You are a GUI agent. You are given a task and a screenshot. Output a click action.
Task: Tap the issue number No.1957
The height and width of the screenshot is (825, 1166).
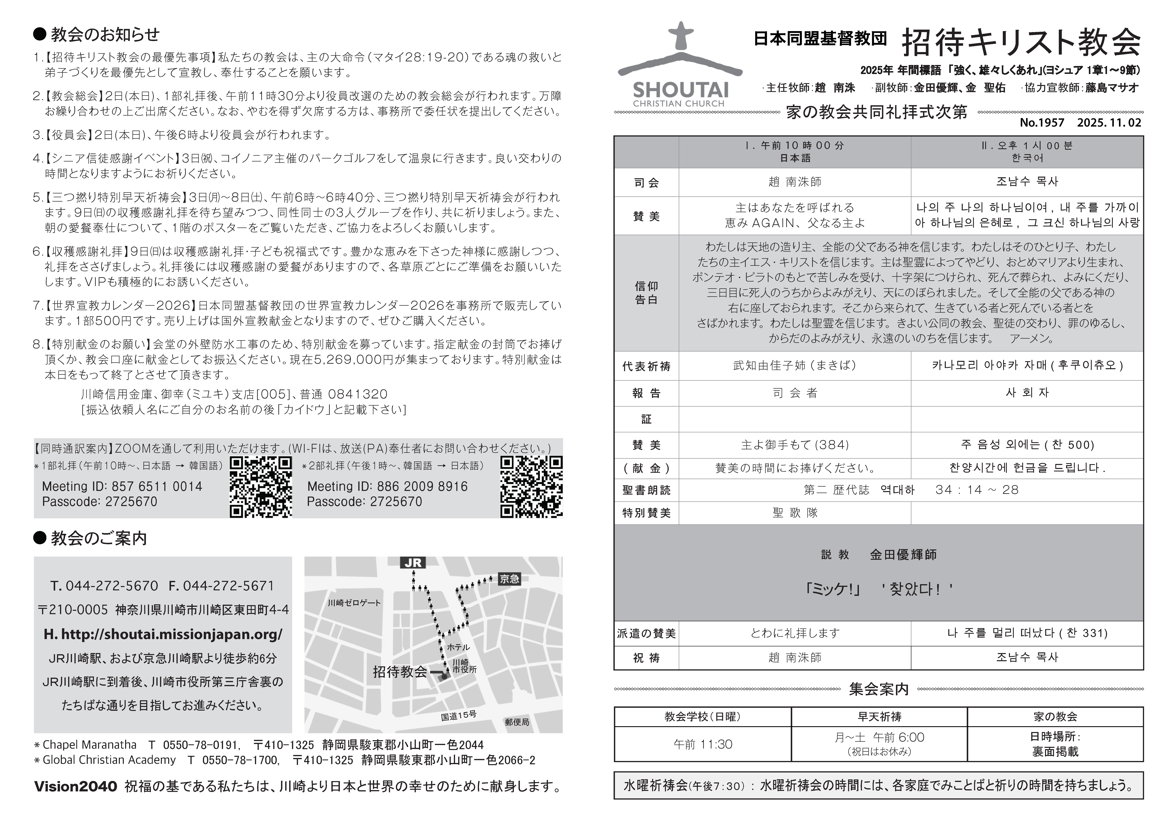tap(1042, 123)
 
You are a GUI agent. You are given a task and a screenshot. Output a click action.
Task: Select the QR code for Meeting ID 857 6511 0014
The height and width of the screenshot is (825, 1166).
tap(261, 486)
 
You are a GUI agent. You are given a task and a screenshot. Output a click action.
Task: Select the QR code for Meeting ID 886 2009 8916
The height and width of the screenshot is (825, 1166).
tap(531, 486)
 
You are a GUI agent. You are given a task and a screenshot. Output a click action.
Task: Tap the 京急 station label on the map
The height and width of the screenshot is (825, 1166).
tap(509, 579)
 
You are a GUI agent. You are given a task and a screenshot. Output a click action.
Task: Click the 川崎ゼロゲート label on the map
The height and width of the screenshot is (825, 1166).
tap(354, 603)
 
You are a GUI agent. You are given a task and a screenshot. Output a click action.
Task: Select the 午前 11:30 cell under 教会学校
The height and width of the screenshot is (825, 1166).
tap(703, 744)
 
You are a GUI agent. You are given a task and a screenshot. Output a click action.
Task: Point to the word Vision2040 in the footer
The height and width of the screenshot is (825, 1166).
tap(76, 786)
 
